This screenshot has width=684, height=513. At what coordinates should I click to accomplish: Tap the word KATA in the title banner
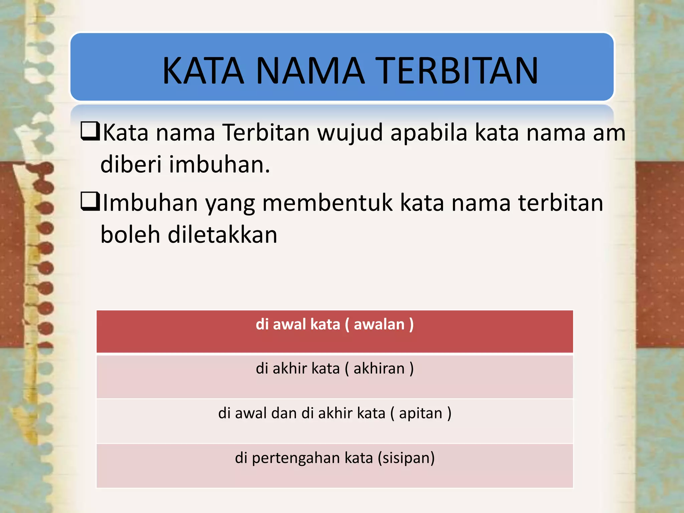203,70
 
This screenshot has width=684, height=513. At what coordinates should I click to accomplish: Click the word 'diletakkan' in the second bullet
222,234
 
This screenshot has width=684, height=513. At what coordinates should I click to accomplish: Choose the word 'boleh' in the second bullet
130,234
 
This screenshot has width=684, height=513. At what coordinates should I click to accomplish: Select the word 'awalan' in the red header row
379,324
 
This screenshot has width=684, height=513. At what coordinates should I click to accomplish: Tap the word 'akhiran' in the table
379,368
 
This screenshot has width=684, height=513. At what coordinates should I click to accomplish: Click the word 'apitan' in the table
420,413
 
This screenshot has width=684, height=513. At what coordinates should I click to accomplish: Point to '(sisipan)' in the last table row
406,458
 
